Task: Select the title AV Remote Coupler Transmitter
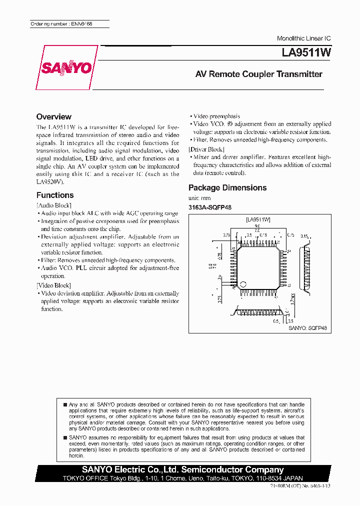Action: tap(258, 74)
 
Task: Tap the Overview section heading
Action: tap(54, 116)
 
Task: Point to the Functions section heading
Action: tap(55, 195)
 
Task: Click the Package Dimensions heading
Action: tap(227, 187)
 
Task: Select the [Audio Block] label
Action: tap(54, 205)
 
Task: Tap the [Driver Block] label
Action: tap(206, 149)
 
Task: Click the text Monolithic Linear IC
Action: tap(303, 38)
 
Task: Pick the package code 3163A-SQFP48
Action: tap(210, 207)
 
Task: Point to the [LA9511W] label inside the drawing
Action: tap(258, 219)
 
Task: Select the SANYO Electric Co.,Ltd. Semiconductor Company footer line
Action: tap(183, 469)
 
